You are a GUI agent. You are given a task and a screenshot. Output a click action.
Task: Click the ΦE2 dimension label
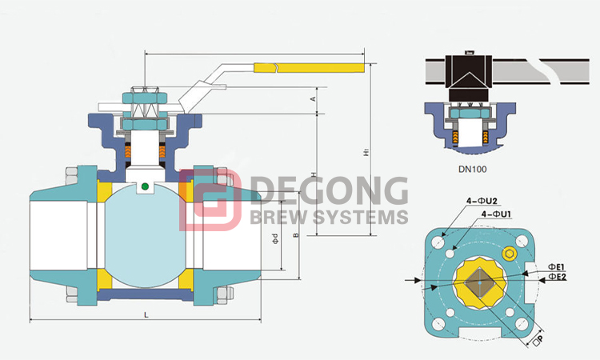tap(557, 277)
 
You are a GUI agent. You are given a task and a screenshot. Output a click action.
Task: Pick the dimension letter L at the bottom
tap(146, 315)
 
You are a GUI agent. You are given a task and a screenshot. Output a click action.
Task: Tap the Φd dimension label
tap(274, 238)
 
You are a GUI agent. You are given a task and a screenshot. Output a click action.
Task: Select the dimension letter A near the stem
tap(314, 98)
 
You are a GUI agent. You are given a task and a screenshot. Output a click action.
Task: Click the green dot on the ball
tap(144, 187)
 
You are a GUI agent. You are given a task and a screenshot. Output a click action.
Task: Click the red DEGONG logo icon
tap(210, 200)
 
